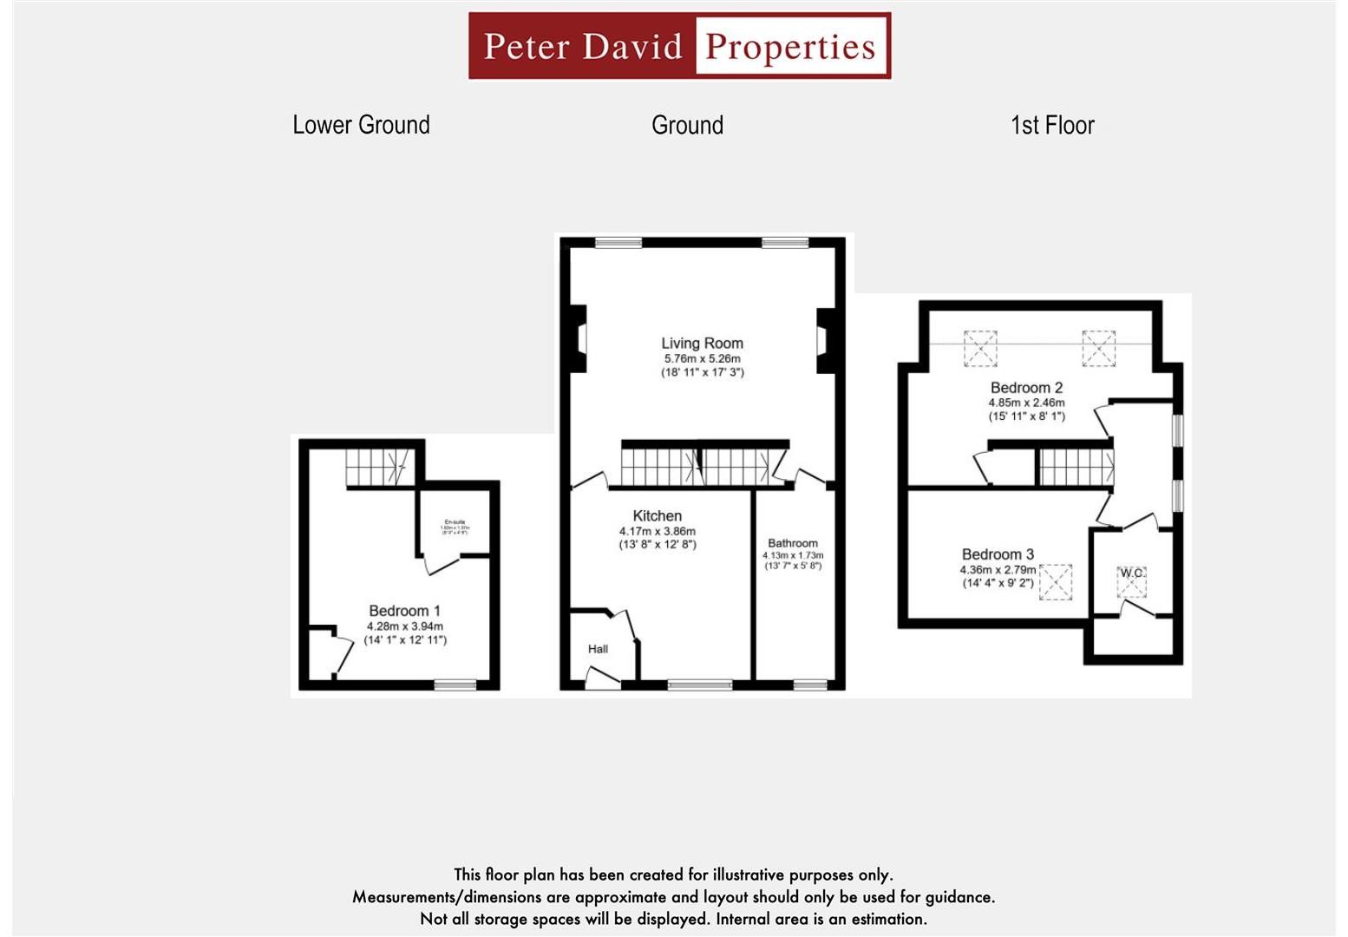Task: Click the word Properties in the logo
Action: tap(790, 47)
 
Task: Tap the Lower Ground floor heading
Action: tap(361, 125)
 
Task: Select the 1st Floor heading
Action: tap(1052, 125)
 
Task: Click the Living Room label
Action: tap(702, 344)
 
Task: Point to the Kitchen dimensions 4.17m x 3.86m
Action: tap(657, 531)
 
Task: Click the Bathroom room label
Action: tap(792, 543)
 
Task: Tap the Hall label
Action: tap(598, 649)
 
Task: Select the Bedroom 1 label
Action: tap(404, 611)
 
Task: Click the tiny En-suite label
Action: tap(455, 522)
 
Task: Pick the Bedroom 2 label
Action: tap(1026, 388)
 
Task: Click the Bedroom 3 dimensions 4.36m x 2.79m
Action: tap(998, 570)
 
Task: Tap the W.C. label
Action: tap(1131, 573)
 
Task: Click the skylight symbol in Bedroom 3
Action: tap(1056, 582)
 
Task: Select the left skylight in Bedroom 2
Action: tap(980, 349)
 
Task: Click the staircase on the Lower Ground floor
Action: tap(378, 468)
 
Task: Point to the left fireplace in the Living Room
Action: tap(578, 338)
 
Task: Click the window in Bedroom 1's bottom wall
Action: tap(455, 685)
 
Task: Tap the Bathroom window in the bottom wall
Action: tap(810, 685)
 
